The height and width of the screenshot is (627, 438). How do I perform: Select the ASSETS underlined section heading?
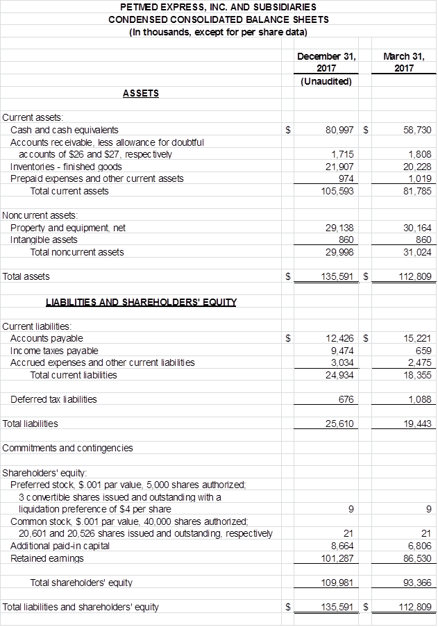(x=140, y=93)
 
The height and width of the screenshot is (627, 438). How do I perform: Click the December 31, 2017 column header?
(x=326, y=62)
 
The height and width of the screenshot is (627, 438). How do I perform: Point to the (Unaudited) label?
(x=326, y=81)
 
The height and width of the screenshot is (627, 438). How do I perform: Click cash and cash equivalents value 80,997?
(x=340, y=130)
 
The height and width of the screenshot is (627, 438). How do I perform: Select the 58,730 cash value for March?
(x=417, y=130)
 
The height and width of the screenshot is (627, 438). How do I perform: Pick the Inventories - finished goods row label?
(x=66, y=167)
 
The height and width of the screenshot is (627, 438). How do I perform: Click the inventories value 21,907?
(x=341, y=167)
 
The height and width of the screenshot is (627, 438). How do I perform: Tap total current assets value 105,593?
(x=339, y=191)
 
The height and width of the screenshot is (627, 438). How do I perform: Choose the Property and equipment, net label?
(x=68, y=228)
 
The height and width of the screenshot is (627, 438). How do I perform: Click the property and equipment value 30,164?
(x=417, y=228)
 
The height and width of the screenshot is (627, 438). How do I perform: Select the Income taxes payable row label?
(x=54, y=351)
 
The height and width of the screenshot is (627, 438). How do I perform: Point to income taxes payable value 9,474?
(x=343, y=351)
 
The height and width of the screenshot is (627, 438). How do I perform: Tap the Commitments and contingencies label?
(x=68, y=448)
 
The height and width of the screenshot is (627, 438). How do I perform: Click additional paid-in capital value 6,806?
(x=419, y=546)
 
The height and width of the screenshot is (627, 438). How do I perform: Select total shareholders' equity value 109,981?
(x=339, y=583)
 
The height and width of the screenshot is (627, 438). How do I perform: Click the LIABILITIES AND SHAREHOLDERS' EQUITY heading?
(x=141, y=302)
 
